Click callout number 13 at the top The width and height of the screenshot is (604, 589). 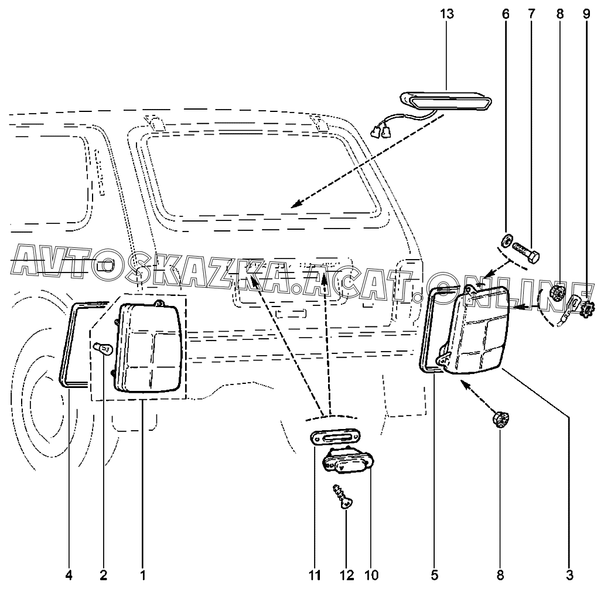tap(447, 14)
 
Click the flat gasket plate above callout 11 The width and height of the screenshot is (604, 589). tap(336, 438)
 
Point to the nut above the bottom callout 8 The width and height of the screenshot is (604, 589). tap(500, 420)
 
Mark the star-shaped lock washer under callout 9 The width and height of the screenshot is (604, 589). tap(586, 308)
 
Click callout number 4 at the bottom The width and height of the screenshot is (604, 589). tap(69, 575)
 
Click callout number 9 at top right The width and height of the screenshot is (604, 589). tap(586, 14)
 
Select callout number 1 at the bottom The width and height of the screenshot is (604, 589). tap(142, 575)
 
